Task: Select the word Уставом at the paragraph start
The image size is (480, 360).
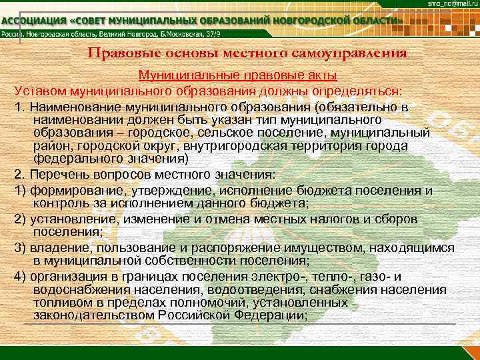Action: coord(37,90)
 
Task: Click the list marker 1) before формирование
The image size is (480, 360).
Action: coord(19,191)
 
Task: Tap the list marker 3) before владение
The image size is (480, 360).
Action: coord(19,248)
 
